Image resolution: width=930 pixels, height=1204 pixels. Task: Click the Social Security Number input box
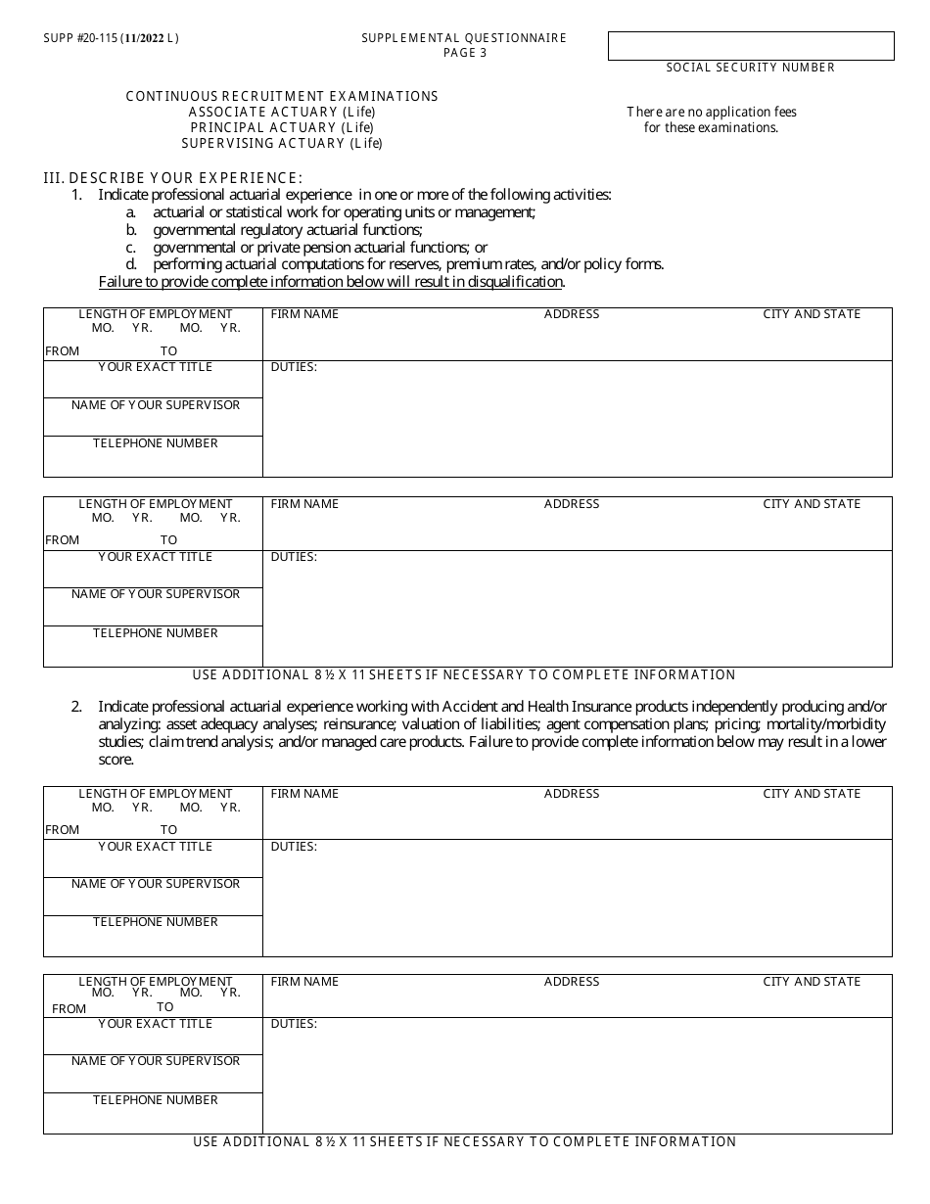751,46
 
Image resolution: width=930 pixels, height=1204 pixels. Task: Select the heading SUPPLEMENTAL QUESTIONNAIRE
463,38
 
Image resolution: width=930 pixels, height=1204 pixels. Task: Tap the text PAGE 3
464,53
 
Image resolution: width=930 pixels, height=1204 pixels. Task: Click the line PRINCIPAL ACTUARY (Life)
282,127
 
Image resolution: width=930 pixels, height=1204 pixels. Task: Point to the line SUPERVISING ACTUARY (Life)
282,143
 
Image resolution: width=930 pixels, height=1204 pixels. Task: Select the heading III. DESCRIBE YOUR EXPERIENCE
173,177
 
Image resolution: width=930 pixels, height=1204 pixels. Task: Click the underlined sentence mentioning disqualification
331,282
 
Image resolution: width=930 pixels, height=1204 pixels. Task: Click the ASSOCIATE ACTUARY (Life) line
282,112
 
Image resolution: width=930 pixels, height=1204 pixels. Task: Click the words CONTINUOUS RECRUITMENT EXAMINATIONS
282,96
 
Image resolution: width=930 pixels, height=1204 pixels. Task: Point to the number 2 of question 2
75,706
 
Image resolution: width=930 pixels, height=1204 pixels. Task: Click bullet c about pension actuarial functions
319,248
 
